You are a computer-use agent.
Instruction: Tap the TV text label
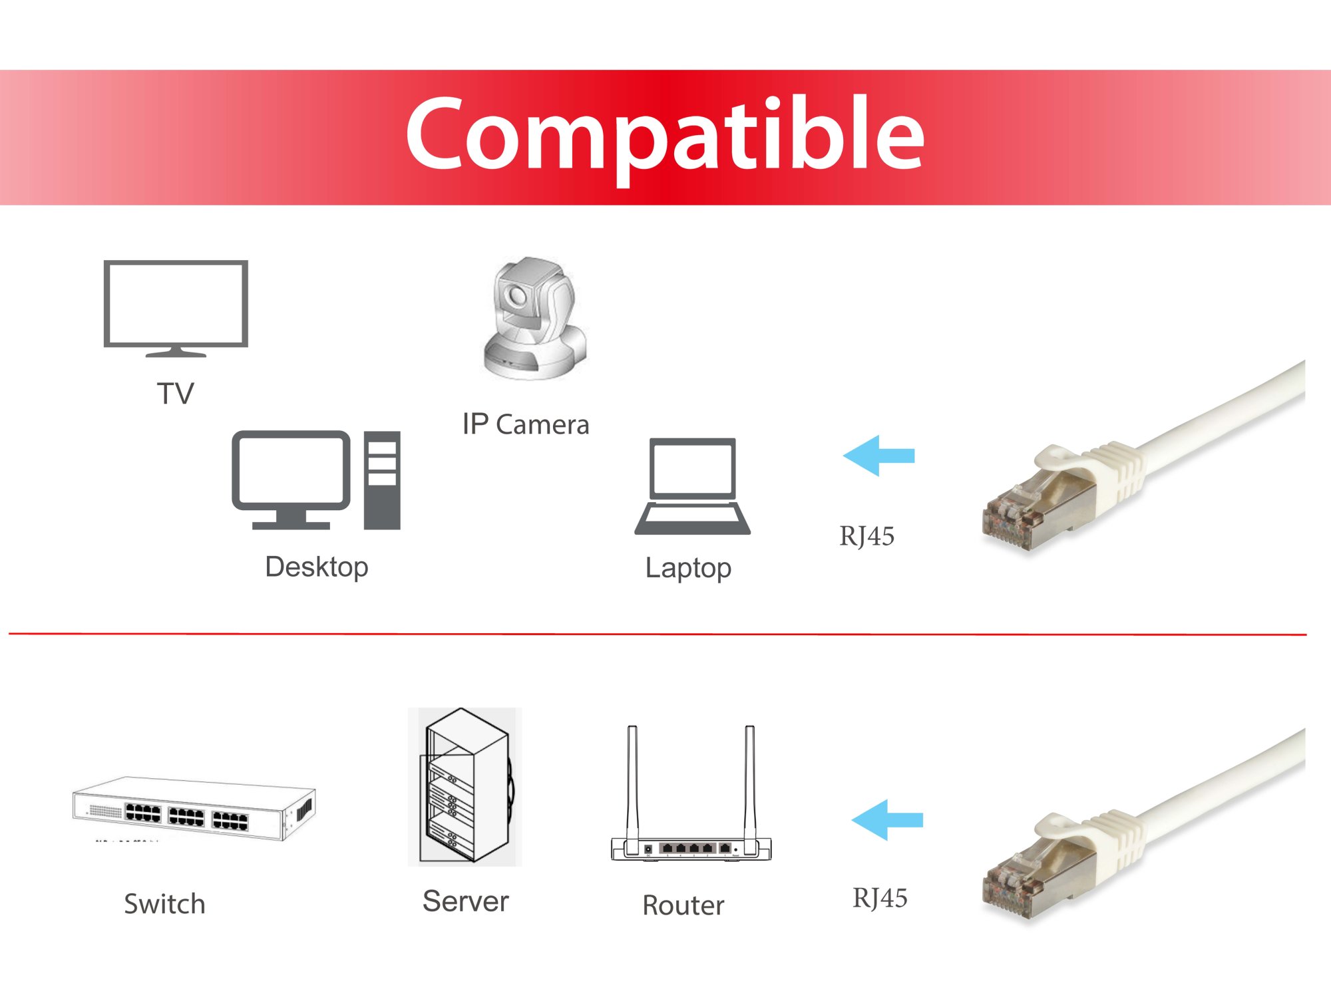click(176, 394)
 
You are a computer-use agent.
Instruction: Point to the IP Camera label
click(526, 425)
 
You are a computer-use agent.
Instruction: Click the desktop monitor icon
click(291, 480)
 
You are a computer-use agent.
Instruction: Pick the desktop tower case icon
click(382, 480)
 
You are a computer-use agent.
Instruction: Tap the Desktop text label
click(317, 567)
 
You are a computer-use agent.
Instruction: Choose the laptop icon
click(692, 486)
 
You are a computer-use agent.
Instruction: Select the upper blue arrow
click(878, 456)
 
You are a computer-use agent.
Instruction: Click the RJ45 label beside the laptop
click(866, 536)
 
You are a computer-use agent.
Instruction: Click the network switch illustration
click(194, 808)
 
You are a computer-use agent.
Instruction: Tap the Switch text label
click(164, 905)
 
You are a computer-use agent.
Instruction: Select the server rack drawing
click(465, 786)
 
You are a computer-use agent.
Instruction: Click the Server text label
click(466, 902)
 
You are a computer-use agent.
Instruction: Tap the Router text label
click(683, 906)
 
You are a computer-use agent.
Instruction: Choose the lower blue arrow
click(887, 820)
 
